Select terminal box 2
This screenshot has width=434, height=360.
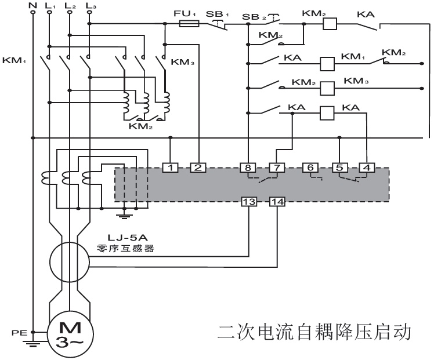(x=198, y=168)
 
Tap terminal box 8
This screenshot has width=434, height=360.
(x=248, y=168)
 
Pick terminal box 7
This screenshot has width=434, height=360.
(x=277, y=168)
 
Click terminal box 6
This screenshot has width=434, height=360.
(x=310, y=168)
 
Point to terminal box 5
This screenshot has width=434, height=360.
(x=339, y=168)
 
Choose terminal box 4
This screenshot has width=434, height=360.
(x=366, y=168)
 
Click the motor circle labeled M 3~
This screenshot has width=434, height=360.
(x=69, y=334)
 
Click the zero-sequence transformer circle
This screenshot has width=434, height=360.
(x=68, y=261)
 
